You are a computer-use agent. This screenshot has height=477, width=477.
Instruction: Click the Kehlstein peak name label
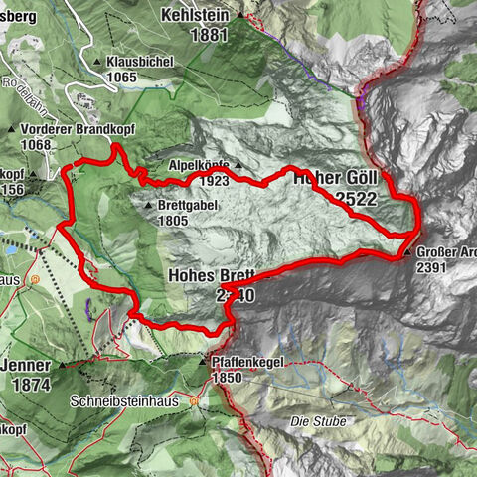[194, 16]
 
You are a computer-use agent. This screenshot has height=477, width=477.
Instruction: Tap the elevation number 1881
[195, 36]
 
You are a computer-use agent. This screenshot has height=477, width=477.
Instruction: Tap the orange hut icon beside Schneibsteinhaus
[195, 402]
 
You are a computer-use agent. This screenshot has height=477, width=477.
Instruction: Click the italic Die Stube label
[318, 422]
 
